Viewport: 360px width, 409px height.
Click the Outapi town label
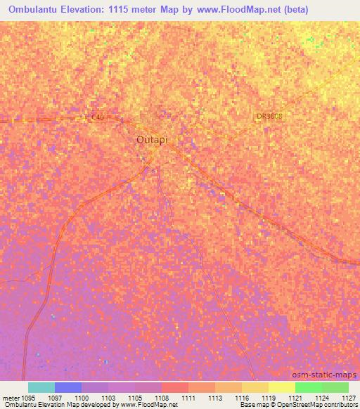153,140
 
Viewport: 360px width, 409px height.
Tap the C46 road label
97,117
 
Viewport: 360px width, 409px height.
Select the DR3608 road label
269,117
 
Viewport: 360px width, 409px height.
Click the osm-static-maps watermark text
328,375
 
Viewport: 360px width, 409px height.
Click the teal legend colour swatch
41,387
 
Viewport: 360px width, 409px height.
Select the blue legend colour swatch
68,387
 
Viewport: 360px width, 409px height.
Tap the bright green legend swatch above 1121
308,387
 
